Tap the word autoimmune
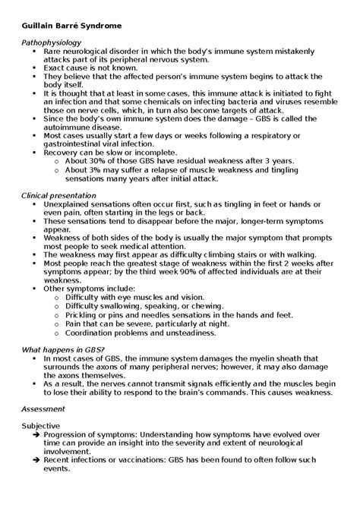[x=70, y=126]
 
